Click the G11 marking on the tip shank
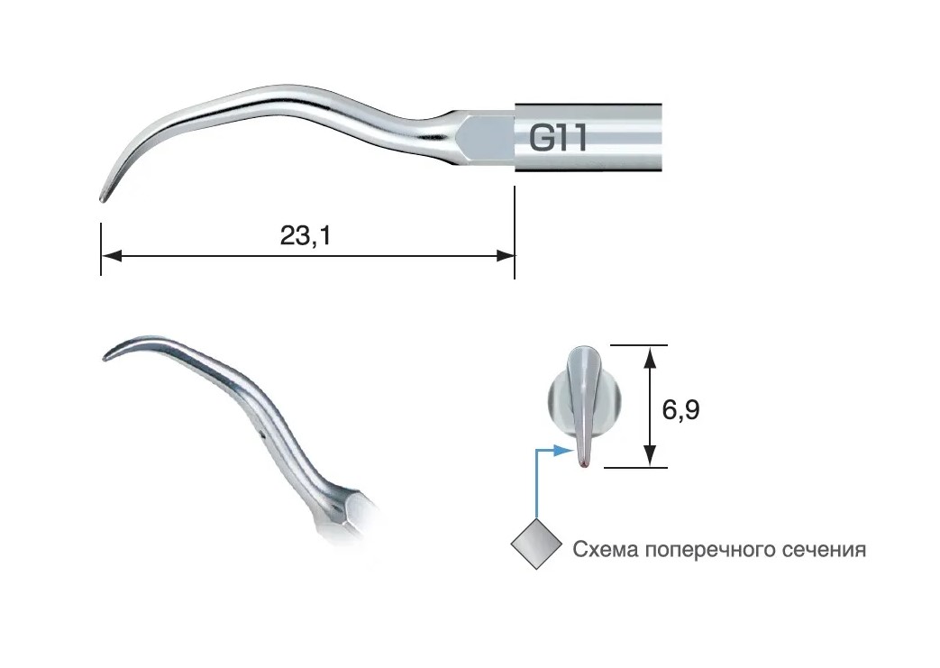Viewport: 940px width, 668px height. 558,139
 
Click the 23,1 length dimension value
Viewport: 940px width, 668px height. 306,235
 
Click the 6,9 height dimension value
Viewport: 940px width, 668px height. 680,409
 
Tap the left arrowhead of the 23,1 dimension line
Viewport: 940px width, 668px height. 112,256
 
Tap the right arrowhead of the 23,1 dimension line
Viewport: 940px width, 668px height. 505,256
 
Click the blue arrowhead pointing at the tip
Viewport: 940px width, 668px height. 562,450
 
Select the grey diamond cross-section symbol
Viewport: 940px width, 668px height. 536,544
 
